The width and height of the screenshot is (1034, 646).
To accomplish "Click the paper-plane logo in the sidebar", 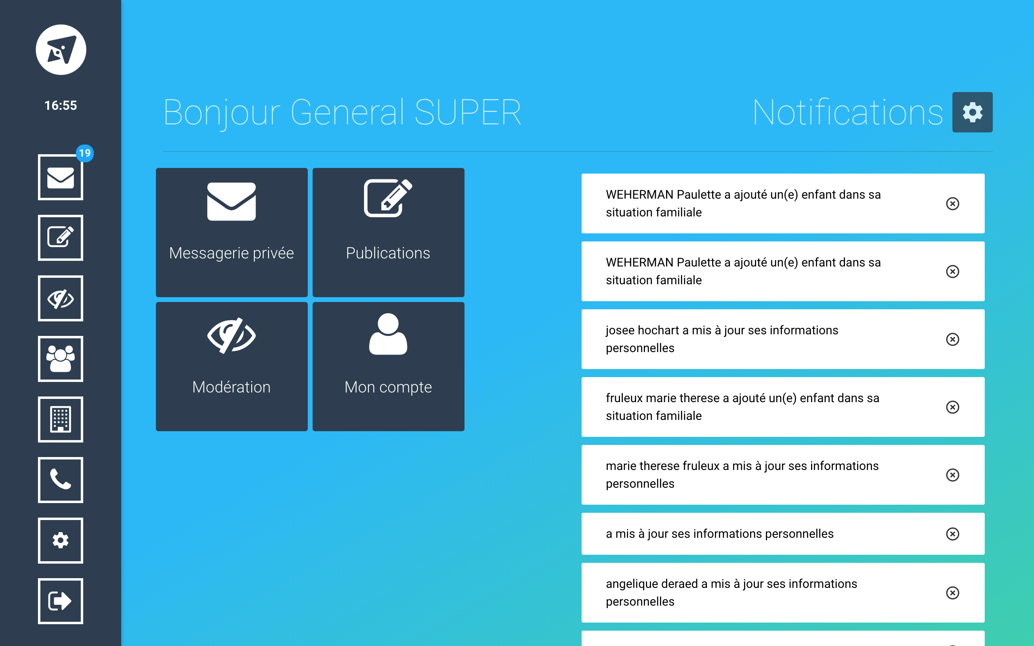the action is pos(61,50).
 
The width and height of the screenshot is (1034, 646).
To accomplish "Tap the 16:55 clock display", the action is pos(61,105).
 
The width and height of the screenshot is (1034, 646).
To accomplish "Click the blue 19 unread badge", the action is pos(84,153).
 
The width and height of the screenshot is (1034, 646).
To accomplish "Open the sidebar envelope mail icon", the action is pos(61,177).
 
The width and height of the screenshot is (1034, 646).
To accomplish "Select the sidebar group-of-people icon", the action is pos(61,359).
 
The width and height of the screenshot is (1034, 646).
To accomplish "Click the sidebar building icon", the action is pos(61,419).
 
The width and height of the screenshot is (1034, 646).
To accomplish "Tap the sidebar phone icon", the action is pos(61,480).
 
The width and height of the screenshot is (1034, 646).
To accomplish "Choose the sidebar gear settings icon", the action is pos(61,541).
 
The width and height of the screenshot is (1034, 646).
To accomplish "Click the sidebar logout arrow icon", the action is pos(61,601).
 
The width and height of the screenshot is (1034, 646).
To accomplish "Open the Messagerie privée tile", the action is pos(231,233).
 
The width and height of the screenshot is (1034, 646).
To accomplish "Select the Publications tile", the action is pos(389,233).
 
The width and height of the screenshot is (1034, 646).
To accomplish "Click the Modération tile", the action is pos(231,367).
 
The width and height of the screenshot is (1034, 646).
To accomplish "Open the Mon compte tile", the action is pos(389,367).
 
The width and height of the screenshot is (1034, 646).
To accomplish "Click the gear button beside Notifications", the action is pos(973,112).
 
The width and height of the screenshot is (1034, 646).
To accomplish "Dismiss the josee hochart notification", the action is pos(953,339).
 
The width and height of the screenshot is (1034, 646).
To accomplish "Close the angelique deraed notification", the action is pos(953,593).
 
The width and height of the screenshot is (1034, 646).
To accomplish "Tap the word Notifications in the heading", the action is pos(848,112).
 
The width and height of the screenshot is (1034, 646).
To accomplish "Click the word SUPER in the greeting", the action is pos(468,112).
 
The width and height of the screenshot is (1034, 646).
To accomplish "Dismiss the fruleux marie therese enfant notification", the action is pos(953,407).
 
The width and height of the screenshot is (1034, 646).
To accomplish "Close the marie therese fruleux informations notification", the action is pos(953,475).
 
